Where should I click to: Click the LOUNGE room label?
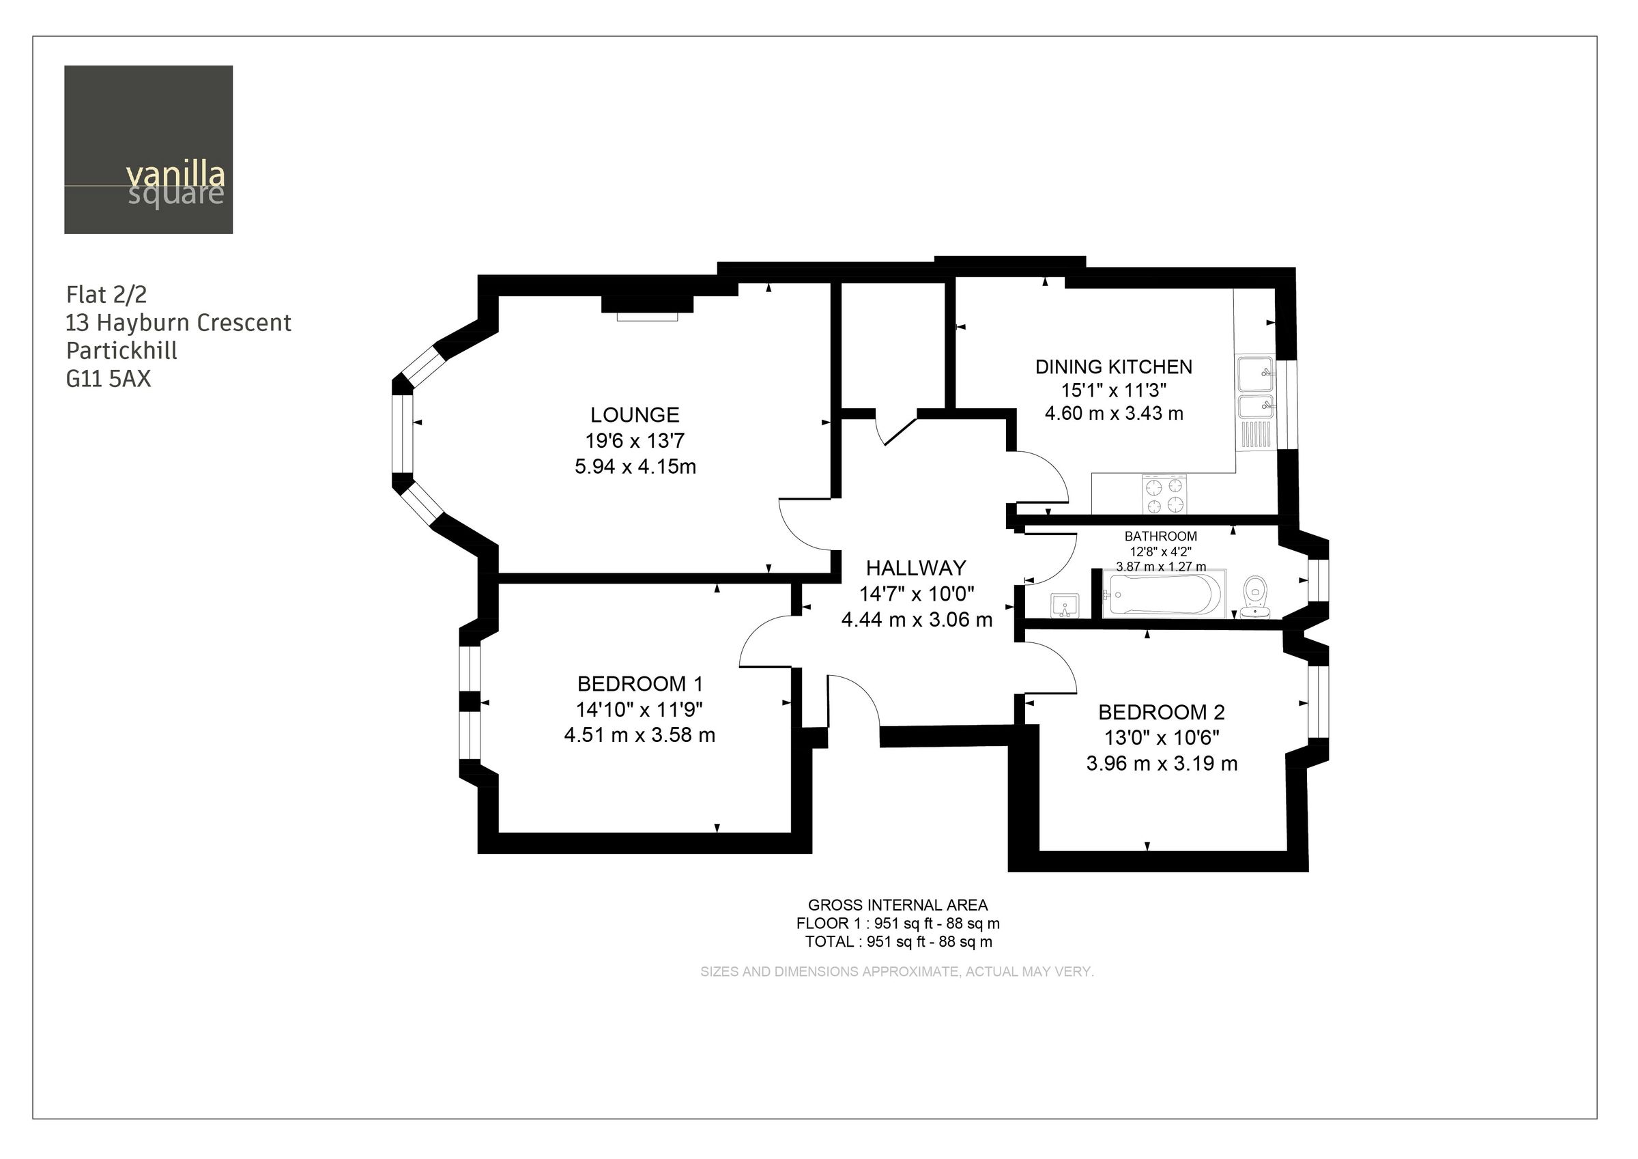634,414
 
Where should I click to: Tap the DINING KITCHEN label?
1113,367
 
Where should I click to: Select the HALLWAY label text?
915,568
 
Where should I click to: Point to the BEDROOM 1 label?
640,684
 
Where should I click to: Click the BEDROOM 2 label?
1161,711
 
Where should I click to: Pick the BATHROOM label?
1160,536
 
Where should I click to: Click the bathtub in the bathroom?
1161,595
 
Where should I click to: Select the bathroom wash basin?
1065,606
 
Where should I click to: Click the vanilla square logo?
148,150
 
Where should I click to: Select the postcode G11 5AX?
109,378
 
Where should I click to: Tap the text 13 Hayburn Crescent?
178,324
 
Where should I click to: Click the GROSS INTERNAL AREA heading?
897,905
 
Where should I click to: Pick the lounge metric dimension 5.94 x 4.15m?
635,467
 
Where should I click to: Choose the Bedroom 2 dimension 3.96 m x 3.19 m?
1161,764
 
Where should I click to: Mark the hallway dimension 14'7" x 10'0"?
916,594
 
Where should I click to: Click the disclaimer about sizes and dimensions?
897,971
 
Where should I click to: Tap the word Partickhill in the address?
121,350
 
